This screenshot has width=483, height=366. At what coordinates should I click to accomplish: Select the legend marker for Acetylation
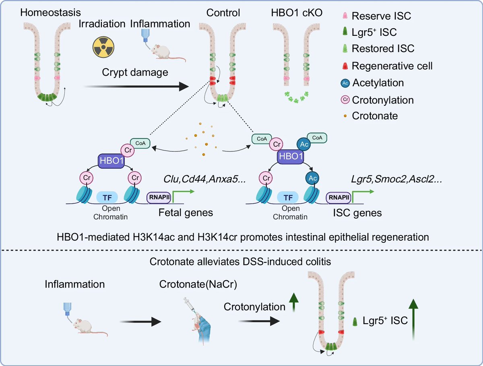(345, 83)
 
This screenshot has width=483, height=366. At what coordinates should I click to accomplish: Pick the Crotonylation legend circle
(345, 99)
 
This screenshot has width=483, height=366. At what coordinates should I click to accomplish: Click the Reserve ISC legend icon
(345, 16)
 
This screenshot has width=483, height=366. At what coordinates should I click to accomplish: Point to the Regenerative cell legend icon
(345, 65)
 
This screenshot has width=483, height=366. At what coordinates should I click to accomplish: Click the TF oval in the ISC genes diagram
(288, 197)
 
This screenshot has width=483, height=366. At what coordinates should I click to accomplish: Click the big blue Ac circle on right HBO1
(303, 143)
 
